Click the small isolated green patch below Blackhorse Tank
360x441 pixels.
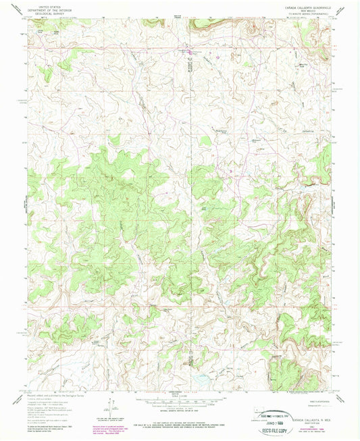click(203, 141)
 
